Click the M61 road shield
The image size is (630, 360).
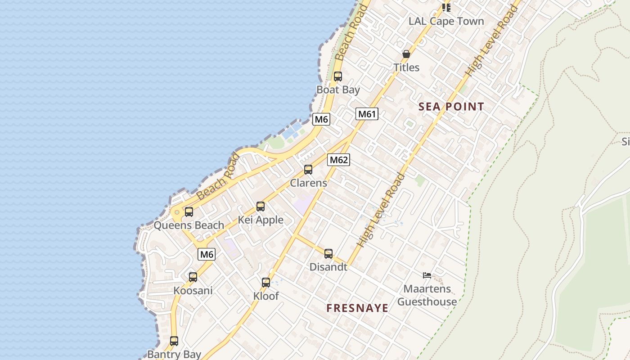pos(367,114)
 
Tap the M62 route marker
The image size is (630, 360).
pos(338,159)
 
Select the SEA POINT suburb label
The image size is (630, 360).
pos(451,107)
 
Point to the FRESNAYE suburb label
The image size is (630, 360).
pos(357,308)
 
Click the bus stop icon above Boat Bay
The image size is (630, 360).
pos(338,76)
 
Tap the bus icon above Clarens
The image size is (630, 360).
pos(308,170)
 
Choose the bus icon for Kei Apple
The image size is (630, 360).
pos(261,207)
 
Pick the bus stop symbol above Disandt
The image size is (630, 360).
pos(328,253)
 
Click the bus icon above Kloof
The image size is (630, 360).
pos(266,283)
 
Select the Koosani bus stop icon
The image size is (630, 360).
pos(193,277)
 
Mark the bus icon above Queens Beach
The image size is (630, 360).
pos(189,211)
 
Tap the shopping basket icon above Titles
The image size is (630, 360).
pos(406,54)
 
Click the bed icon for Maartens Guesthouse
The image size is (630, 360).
pos(427,275)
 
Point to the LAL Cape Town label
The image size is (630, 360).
pos(446,21)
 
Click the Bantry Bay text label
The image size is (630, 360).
pos(174,354)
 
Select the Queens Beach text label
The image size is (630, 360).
pos(189,225)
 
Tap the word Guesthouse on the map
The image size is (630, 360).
pos(427,301)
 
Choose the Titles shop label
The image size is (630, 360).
pos(406,67)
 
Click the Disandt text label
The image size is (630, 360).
pos(328,267)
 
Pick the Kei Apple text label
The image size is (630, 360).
pos(261,220)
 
